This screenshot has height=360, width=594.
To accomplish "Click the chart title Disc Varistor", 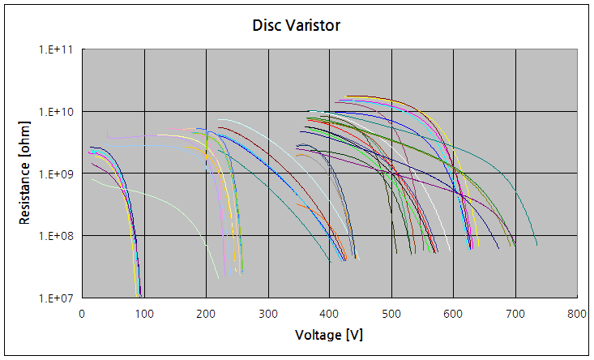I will pos(297,25).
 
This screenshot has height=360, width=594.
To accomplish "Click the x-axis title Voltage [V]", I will pos(329,335).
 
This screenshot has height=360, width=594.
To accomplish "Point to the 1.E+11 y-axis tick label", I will pos(57,49).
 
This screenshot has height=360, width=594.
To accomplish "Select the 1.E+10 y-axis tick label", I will pos(57,111).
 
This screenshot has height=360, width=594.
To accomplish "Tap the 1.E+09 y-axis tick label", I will pos(57,174).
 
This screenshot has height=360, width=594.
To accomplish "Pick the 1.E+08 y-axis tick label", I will pos(57,236).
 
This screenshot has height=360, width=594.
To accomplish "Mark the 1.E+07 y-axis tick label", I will pos(57,298).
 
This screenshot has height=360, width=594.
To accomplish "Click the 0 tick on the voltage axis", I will pos(82,312).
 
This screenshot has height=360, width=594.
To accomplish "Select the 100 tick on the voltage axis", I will pos(143,312).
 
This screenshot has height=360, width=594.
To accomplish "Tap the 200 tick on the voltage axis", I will pos(206,312).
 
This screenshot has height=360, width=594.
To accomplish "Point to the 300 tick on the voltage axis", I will pos(267,312).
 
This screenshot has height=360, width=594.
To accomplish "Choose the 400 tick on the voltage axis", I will pos(330,312).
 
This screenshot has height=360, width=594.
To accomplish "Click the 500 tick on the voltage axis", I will pos(391,312).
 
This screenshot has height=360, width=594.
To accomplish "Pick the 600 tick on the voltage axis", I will pos(454,312).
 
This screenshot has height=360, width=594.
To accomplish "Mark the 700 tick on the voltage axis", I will pos(515,312).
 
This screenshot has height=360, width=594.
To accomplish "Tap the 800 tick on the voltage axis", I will pos(577,312).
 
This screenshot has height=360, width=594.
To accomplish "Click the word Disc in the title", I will pos(267,25).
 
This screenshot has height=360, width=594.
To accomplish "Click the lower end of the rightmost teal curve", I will pos(536,243).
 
